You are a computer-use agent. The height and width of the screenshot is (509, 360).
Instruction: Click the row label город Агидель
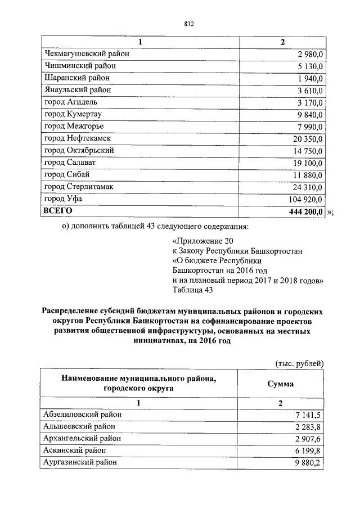pos(71,102)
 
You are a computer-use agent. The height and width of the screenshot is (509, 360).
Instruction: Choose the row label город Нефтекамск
pos(77,138)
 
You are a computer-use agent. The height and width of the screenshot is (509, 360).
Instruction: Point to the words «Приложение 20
pos(199,242)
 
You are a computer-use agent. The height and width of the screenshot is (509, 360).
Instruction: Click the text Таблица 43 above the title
pos(192,290)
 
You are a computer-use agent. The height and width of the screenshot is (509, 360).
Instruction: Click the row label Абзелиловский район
pos(82,414)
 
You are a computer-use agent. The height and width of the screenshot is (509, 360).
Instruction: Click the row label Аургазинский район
pos(80,462)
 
